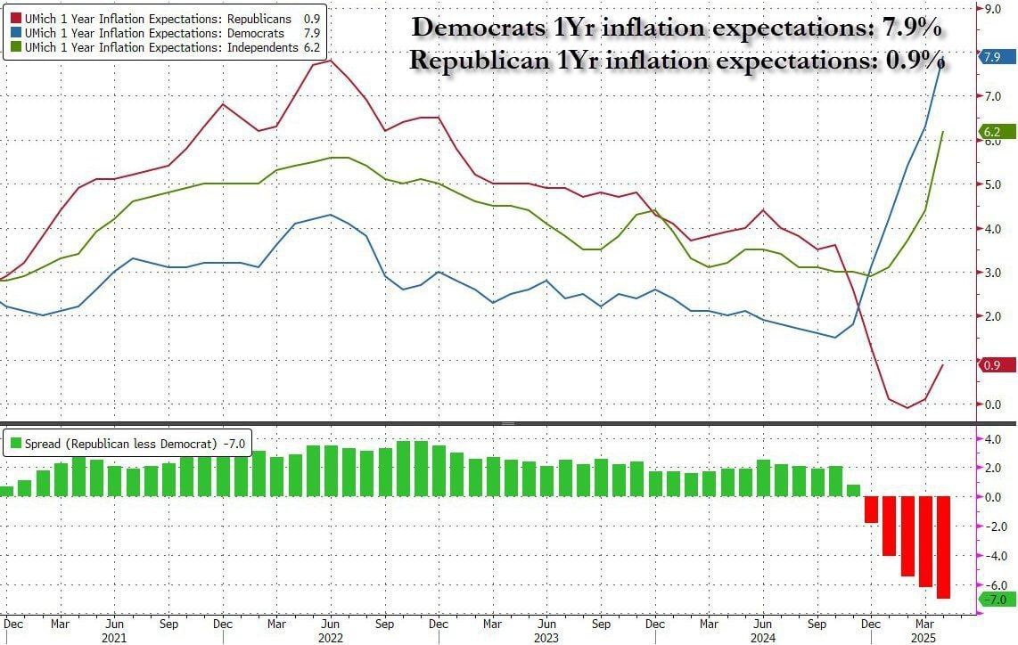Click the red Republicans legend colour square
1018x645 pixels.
coord(15,19)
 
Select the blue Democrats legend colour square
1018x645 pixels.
coord(15,33)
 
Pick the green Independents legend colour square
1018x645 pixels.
coord(15,46)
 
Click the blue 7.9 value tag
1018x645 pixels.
coord(990,57)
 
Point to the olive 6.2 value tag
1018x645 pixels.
coord(990,132)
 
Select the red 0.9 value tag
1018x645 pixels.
coord(990,364)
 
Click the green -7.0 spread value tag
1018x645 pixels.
coord(992,599)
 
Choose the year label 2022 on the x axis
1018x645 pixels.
coord(330,637)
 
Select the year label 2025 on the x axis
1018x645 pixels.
coord(923,637)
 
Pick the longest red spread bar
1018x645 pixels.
coord(943,548)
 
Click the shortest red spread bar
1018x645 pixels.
coord(871,510)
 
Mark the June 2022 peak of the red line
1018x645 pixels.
coord(331,60)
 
